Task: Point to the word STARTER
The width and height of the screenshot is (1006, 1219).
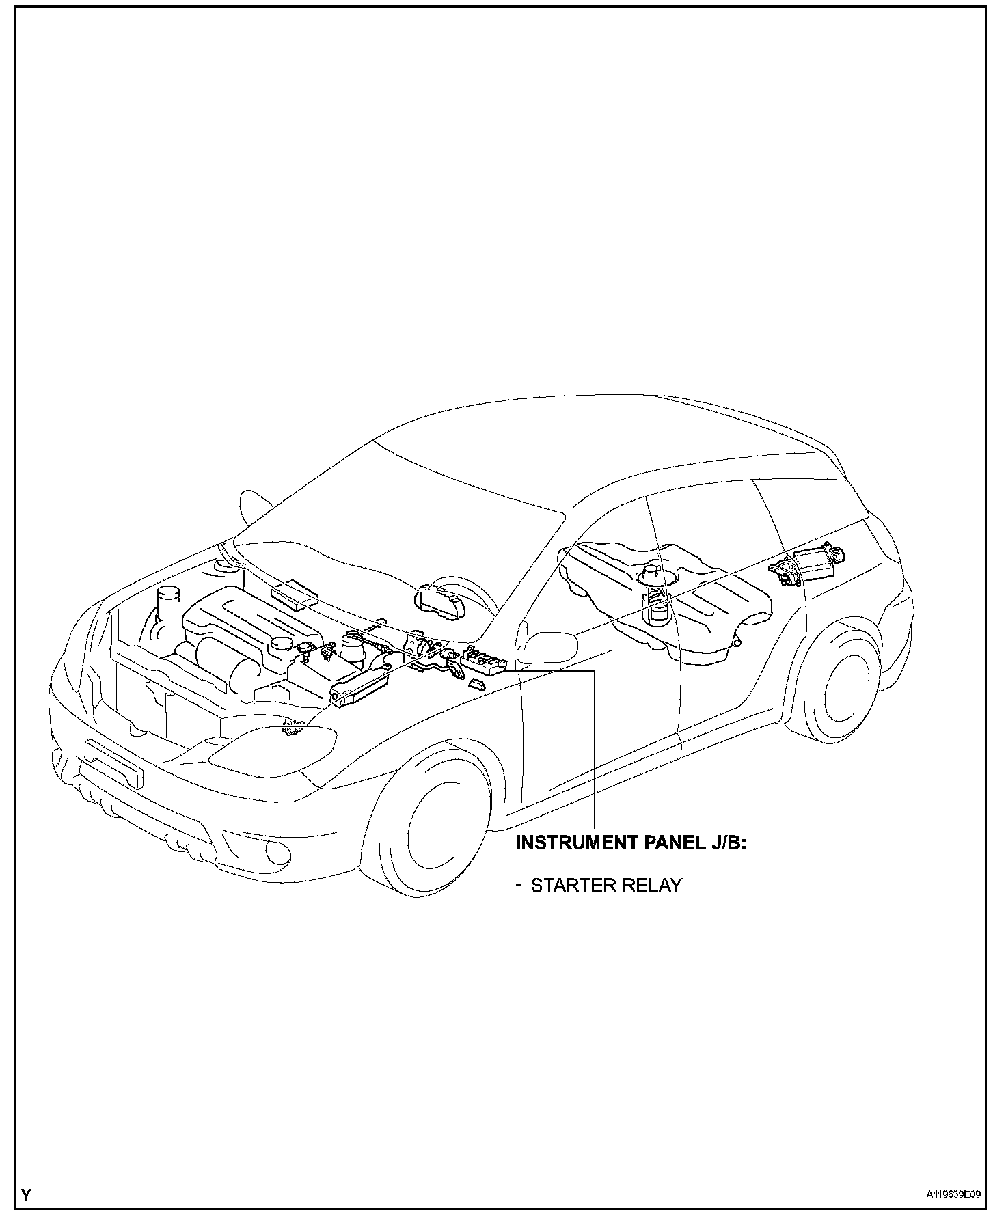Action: pos(565,885)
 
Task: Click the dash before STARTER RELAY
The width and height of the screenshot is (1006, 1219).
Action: pos(519,884)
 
